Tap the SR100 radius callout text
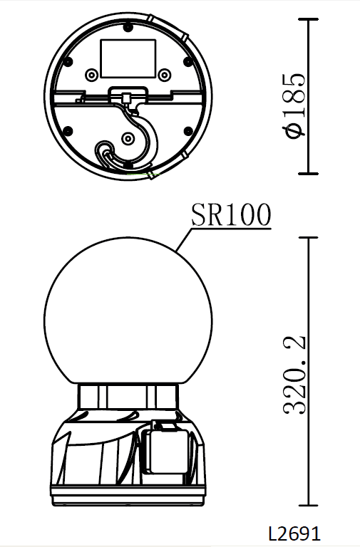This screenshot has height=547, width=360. pos(230,214)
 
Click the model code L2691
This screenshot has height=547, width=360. pos(294,533)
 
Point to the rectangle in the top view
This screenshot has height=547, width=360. pos(128,58)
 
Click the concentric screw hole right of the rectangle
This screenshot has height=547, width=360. pos(165,75)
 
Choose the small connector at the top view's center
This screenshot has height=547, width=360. pos(128,97)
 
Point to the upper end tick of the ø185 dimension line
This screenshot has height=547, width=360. pos(308,19)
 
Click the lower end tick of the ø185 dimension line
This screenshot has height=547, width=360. pos(308,173)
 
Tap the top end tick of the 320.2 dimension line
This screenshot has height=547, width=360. pos(308,236)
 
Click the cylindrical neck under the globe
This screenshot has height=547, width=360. pos(128,396)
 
